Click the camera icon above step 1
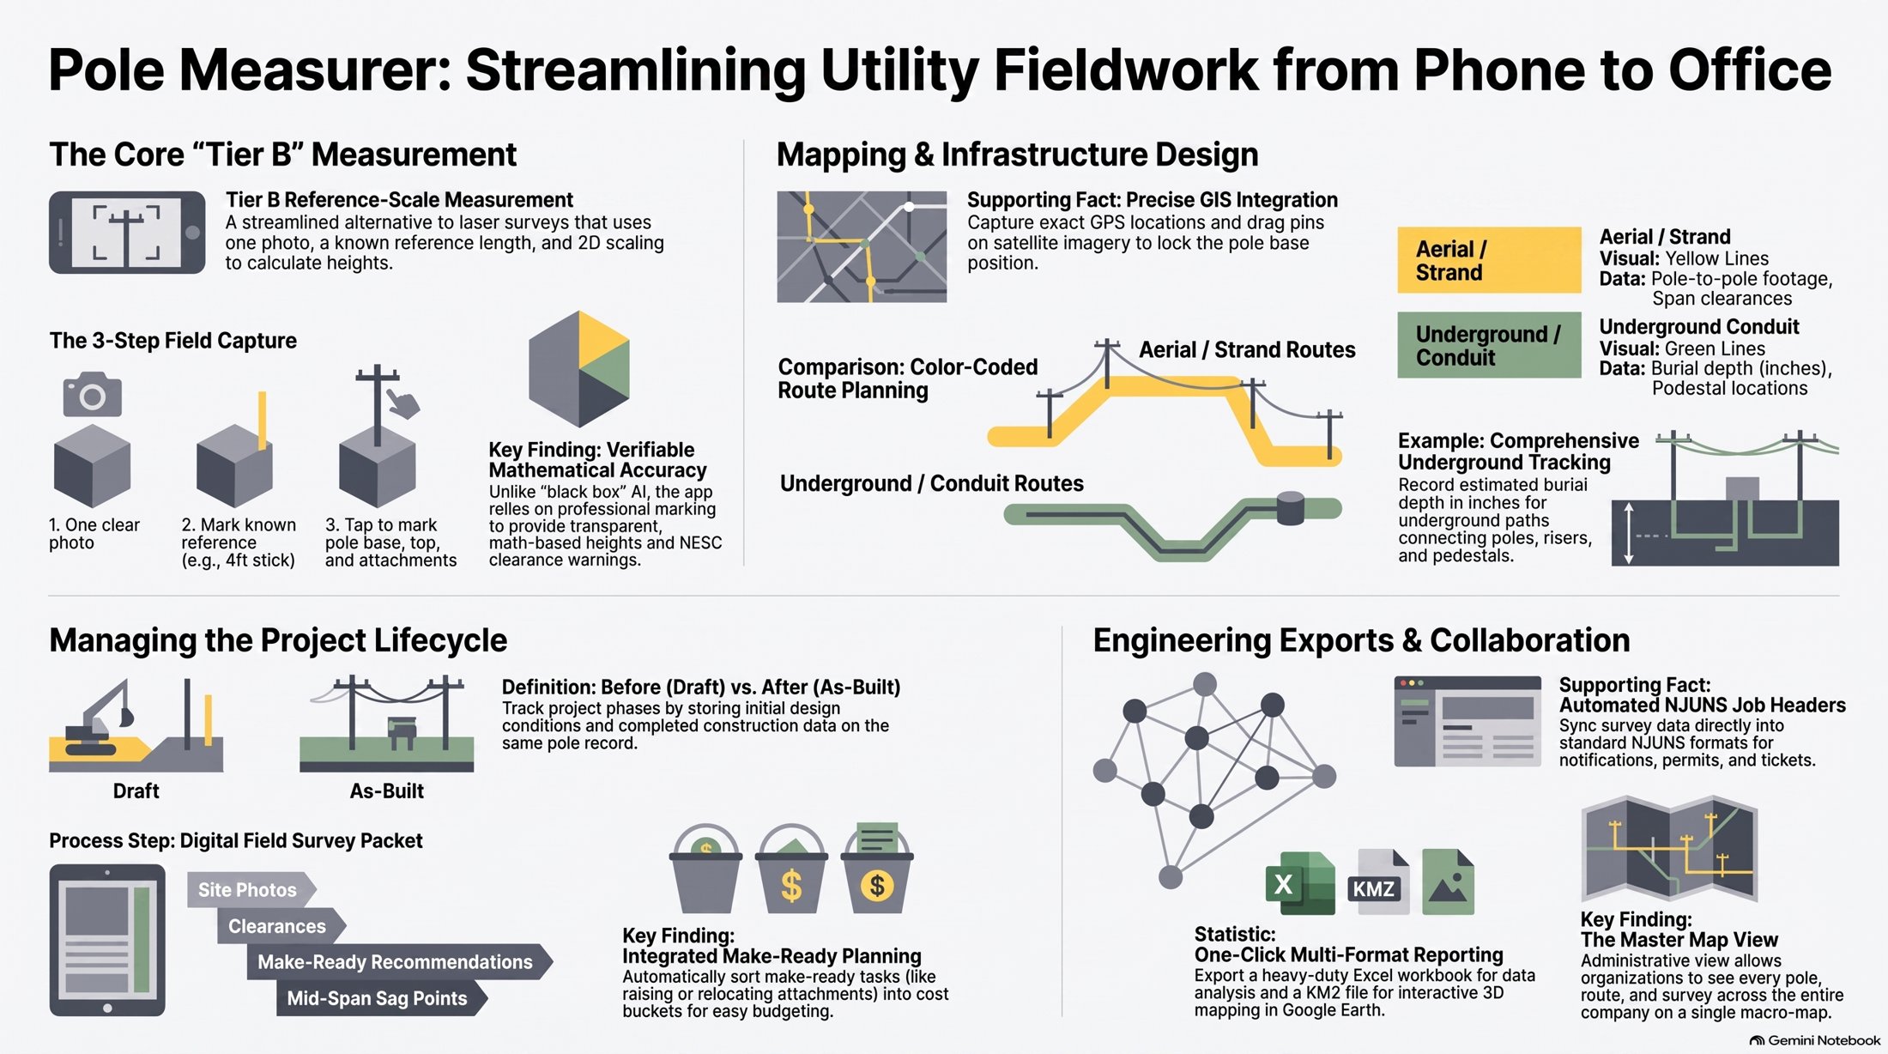point(93,394)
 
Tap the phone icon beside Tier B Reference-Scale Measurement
point(127,233)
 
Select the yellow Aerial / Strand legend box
point(1489,260)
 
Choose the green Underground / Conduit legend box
point(1489,345)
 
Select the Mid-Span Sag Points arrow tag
point(381,998)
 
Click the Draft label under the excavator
point(136,791)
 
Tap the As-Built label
point(386,791)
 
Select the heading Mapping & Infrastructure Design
point(1017,155)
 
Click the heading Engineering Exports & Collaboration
point(1361,641)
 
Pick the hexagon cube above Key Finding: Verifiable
point(579,369)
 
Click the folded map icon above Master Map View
point(1669,848)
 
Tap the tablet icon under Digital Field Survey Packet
point(107,941)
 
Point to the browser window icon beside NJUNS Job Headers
point(1467,721)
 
